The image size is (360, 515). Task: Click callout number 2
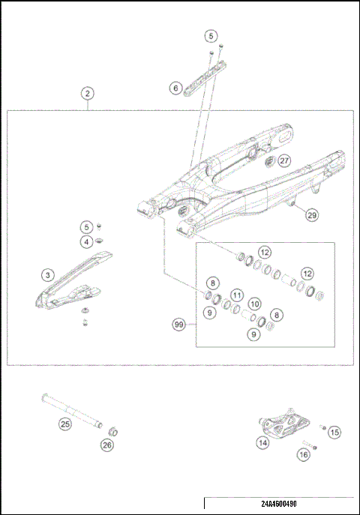coord(88,94)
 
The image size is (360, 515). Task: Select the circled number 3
coord(47,276)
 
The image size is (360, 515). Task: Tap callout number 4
coord(88,241)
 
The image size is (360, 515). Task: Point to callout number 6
coord(175,88)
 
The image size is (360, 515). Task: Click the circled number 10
coord(255,304)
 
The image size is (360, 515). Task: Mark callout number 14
coord(262,443)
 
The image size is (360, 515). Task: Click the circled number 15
coord(334,432)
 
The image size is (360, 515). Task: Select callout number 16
coord(303,454)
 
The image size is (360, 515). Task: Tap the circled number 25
coord(64,424)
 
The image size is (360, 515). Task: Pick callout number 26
coord(107,445)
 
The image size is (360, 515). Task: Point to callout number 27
coord(283,160)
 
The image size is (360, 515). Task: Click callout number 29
coord(312,215)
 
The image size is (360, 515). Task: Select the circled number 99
coord(178,325)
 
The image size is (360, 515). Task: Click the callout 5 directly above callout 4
coord(88,226)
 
